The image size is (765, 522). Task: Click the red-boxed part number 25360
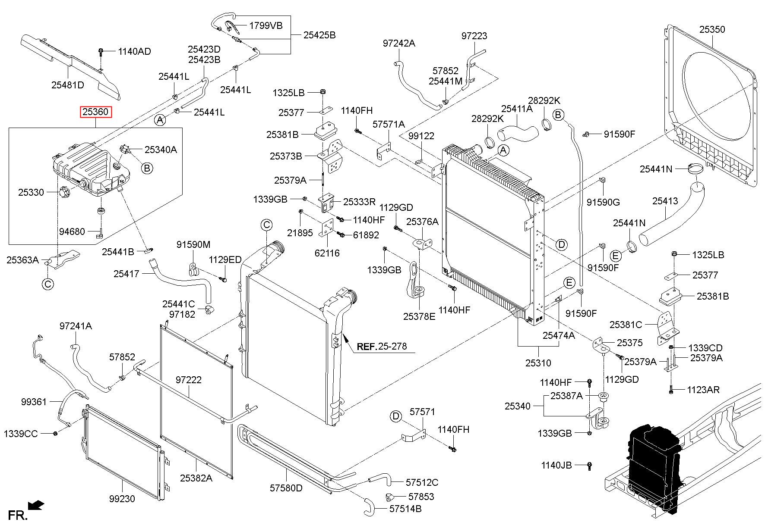click(95, 112)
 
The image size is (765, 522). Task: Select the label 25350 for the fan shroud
click(712, 29)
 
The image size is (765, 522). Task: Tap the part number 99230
click(122, 499)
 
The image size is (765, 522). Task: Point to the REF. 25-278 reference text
click(382, 346)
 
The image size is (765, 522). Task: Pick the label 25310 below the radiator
click(538, 363)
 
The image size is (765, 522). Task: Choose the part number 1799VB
click(266, 25)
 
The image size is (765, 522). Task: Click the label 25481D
click(68, 85)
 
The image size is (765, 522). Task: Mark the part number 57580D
click(286, 488)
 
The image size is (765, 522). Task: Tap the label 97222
click(189, 380)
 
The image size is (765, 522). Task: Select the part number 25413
click(665, 201)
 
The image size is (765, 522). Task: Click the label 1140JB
click(556, 465)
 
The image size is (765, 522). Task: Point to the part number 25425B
click(319, 35)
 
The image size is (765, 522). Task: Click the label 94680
click(72, 231)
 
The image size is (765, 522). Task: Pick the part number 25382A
click(196, 478)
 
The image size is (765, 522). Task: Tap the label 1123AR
click(703, 390)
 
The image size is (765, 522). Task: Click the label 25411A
click(517, 109)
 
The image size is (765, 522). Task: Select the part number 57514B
click(405, 509)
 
